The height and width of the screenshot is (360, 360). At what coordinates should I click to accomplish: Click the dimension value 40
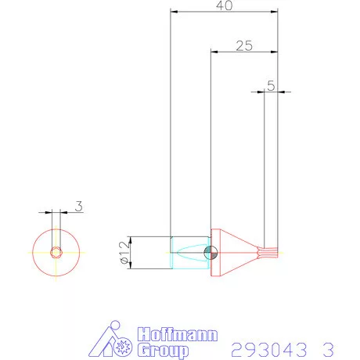tap(225, 5)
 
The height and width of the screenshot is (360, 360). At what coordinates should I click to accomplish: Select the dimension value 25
tap(243, 45)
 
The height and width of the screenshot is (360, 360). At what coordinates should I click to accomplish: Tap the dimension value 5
tap(271, 85)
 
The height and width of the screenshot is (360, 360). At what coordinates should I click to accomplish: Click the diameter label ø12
tap(122, 252)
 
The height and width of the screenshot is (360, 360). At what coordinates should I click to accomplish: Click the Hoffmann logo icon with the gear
tap(114, 341)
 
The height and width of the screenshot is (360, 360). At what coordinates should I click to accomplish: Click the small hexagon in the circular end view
tap(56, 252)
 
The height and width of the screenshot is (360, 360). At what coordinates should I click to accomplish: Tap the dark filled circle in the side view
tap(208, 252)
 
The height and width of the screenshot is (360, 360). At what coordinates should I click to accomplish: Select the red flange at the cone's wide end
tap(212, 252)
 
